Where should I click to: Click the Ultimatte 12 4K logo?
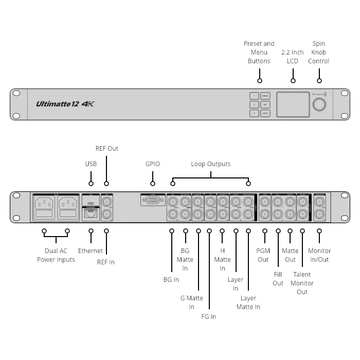click(65, 104)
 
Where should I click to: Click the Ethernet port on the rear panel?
click(91, 213)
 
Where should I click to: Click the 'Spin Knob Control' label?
click(319, 52)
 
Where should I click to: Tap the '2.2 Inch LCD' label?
click(293, 57)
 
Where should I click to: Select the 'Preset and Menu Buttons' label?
click(259, 52)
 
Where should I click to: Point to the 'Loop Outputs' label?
click(211, 164)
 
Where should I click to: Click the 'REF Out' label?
click(107, 149)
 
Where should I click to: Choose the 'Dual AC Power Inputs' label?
click(56, 255)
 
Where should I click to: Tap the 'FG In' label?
click(209, 317)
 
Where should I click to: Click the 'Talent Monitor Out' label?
click(302, 283)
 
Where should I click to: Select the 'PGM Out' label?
click(263, 255)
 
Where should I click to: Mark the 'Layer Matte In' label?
click(248, 302)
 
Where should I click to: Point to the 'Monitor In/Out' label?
click(320, 255)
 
